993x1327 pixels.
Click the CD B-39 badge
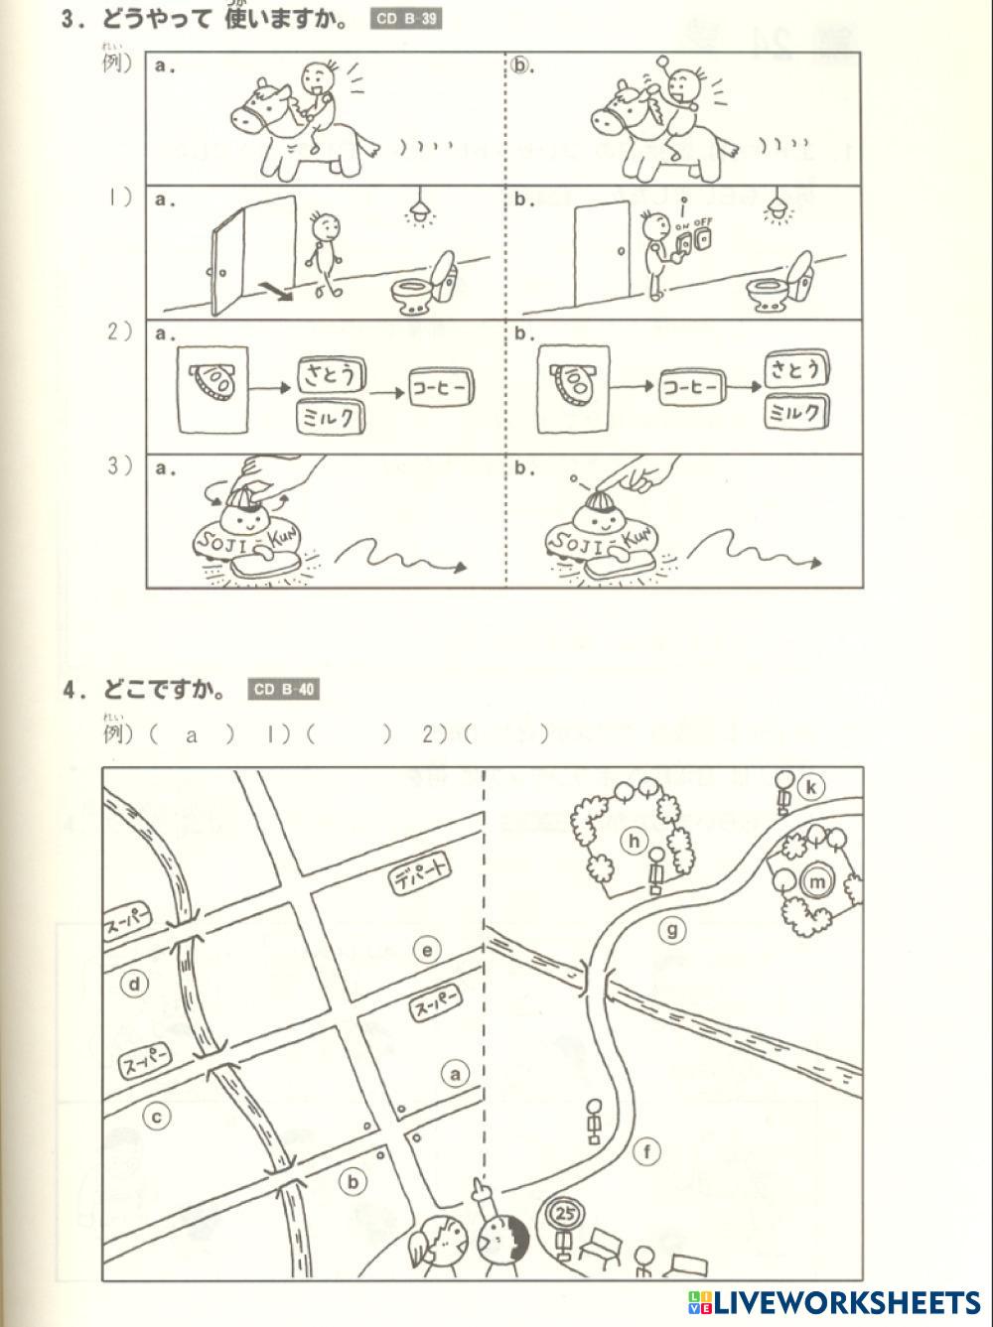click(x=406, y=19)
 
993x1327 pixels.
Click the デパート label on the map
click(x=420, y=876)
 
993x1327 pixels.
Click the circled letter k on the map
click(x=811, y=787)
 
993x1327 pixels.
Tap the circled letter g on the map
click(x=673, y=930)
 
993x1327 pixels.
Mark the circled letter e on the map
click(x=427, y=950)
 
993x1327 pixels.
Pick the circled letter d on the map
click(x=134, y=985)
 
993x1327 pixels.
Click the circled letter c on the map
click(x=157, y=1117)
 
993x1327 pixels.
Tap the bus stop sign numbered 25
click(x=566, y=1213)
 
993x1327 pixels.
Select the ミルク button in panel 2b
click(x=796, y=412)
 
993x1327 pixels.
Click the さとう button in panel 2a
click(x=332, y=375)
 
